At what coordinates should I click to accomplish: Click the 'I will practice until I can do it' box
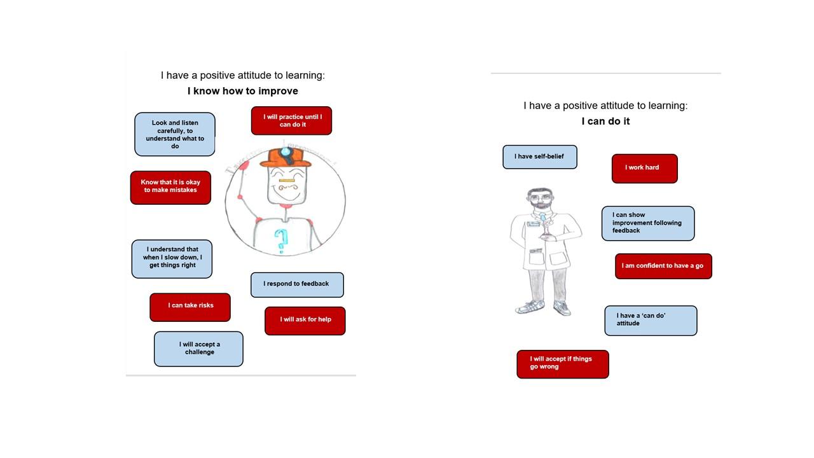[x=291, y=121]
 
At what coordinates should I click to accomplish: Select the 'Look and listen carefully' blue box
[x=175, y=134]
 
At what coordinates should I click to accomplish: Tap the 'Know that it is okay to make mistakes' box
[x=171, y=188]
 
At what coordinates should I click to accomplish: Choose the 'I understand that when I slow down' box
[x=172, y=259]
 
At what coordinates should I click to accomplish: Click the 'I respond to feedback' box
[x=297, y=285]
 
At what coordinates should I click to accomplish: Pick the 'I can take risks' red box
[x=190, y=307]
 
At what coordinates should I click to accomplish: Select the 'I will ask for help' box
[x=305, y=321]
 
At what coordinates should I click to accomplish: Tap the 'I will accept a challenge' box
[x=199, y=349]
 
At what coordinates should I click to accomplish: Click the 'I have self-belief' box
[x=540, y=157]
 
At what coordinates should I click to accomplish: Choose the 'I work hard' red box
[x=645, y=169]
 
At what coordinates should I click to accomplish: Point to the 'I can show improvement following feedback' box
[x=648, y=223]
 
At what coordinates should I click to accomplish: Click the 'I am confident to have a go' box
[x=663, y=267]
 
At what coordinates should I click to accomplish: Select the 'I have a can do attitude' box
[x=651, y=321]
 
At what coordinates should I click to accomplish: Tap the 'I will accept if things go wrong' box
[x=563, y=364]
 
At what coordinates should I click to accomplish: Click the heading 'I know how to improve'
[x=243, y=91]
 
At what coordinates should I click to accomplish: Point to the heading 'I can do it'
[x=605, y=121]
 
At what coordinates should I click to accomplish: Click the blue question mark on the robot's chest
[x=281, y=240]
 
